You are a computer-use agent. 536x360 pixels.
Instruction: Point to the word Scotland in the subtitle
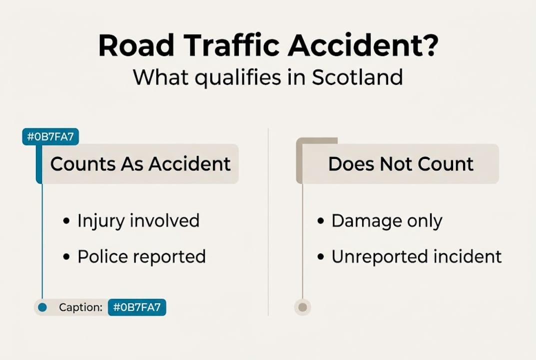coord(358,77)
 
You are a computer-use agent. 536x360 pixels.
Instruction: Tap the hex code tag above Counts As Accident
coord(50,137)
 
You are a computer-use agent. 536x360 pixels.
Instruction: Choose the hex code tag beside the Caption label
coord(137,307)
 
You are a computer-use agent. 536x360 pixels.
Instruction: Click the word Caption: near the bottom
coord(80,307)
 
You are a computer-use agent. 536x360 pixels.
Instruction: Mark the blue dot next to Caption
coord(42,307)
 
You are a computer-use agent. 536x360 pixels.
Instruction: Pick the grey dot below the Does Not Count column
coord(302,307)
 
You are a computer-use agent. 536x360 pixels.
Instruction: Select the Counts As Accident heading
coord(140,164)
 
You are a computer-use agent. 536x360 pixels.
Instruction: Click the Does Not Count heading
coord(401,164)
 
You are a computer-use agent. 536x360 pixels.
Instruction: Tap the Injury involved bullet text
coord(138,220)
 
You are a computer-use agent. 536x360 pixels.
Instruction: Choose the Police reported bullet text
coord(141,256)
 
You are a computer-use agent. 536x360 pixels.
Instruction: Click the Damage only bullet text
coord(387,221)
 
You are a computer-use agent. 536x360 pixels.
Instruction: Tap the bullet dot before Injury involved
coord(66,221)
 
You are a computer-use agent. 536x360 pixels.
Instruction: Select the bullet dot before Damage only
coord(321,221)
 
